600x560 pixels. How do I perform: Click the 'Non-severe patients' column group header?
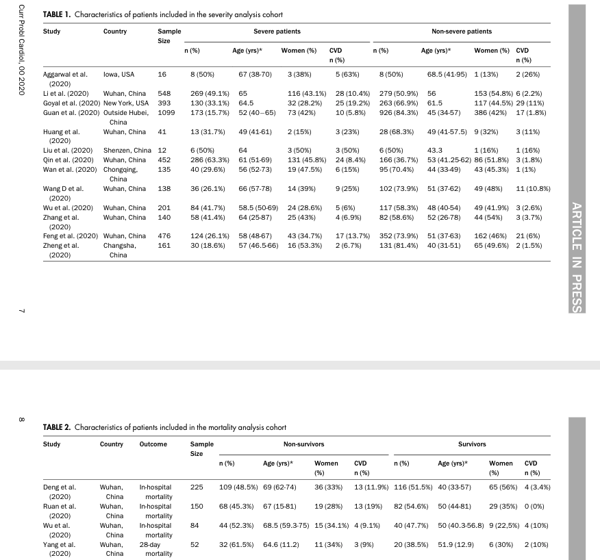[x=461, y=31]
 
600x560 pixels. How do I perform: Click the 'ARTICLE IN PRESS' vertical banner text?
[x=576, y=248]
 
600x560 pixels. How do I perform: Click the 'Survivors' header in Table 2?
[x=471, y=444]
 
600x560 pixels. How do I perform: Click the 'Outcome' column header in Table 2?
[x=152, y=444]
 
